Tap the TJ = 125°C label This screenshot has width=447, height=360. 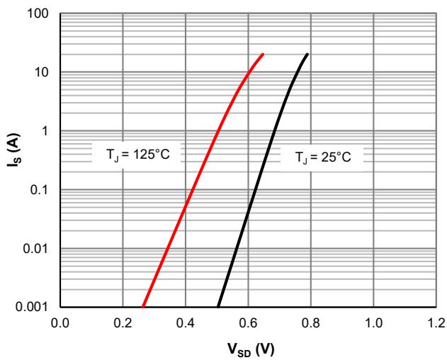coord(136,153)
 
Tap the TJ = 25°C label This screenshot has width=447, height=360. coord(323,157)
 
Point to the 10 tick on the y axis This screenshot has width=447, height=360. coord(44,72)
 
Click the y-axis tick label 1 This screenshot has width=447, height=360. coord(47,131)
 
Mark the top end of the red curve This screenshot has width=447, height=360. coord(263,54)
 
